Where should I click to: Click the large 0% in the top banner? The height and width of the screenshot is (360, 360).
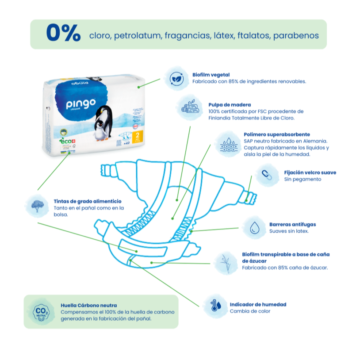(x=63, y=33)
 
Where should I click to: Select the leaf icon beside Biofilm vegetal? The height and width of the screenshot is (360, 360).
(x=176, y=78)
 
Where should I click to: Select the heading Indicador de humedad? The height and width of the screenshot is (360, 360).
(x=258, y=304)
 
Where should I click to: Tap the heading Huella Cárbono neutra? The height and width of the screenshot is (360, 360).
(x=89, y=305)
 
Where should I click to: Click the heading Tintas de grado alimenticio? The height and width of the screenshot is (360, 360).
(x=87, y=201)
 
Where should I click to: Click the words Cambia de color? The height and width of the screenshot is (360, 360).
(x=250, y=311)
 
